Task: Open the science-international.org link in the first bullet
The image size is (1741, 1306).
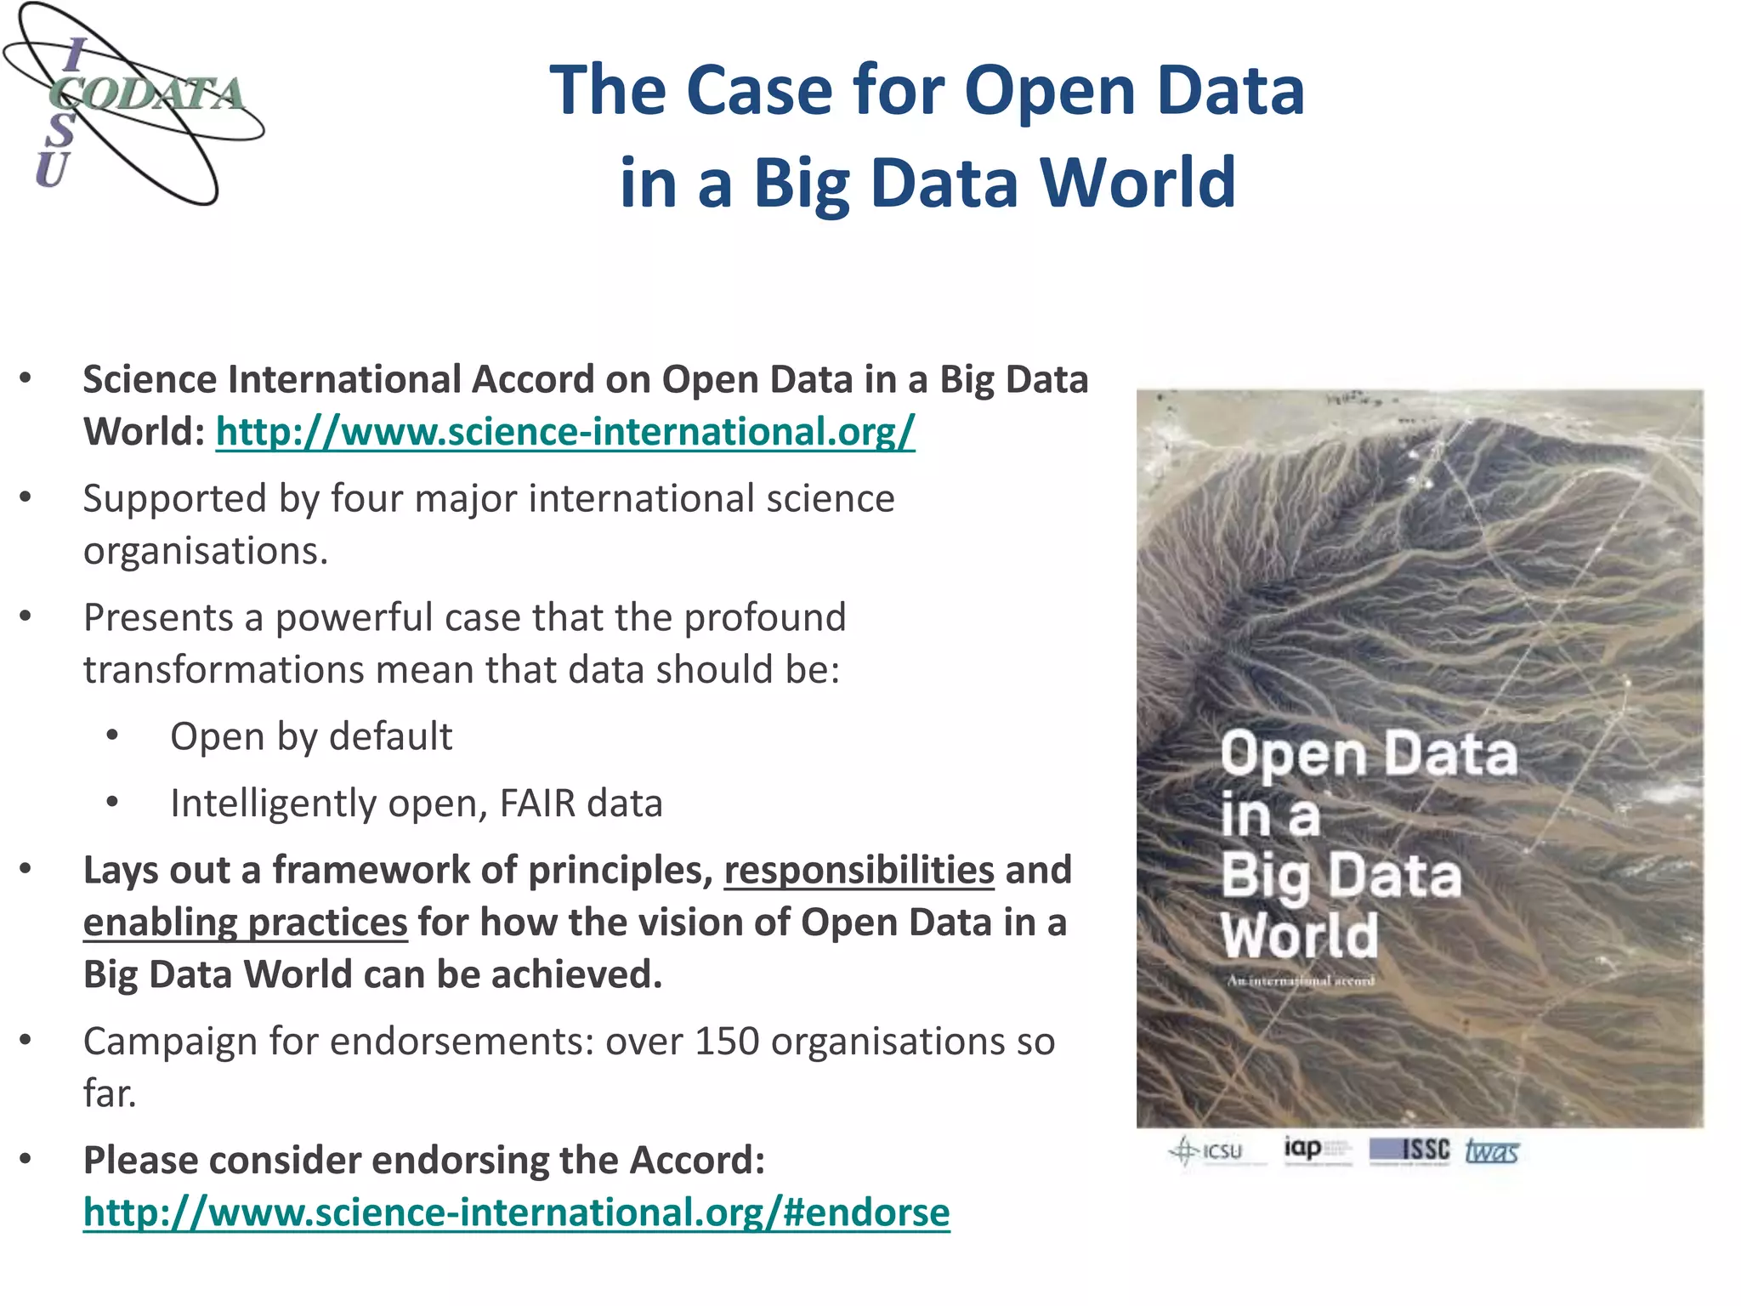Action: (564, 432)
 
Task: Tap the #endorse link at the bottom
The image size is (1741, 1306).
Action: (516, 1212)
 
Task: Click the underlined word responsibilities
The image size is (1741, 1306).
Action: (859, 871)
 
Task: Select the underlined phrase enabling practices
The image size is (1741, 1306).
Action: (245, 923)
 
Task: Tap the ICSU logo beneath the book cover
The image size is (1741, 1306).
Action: (1207, 1151)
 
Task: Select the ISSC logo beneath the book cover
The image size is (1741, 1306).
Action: (1409, 1150)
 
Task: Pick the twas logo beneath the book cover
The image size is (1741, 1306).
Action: (1491, 1151)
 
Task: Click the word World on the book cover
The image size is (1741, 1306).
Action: (1299, 935)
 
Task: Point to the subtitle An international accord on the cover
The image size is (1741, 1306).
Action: (1300, 980)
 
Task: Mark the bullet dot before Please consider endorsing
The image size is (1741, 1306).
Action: (26, 1160)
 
